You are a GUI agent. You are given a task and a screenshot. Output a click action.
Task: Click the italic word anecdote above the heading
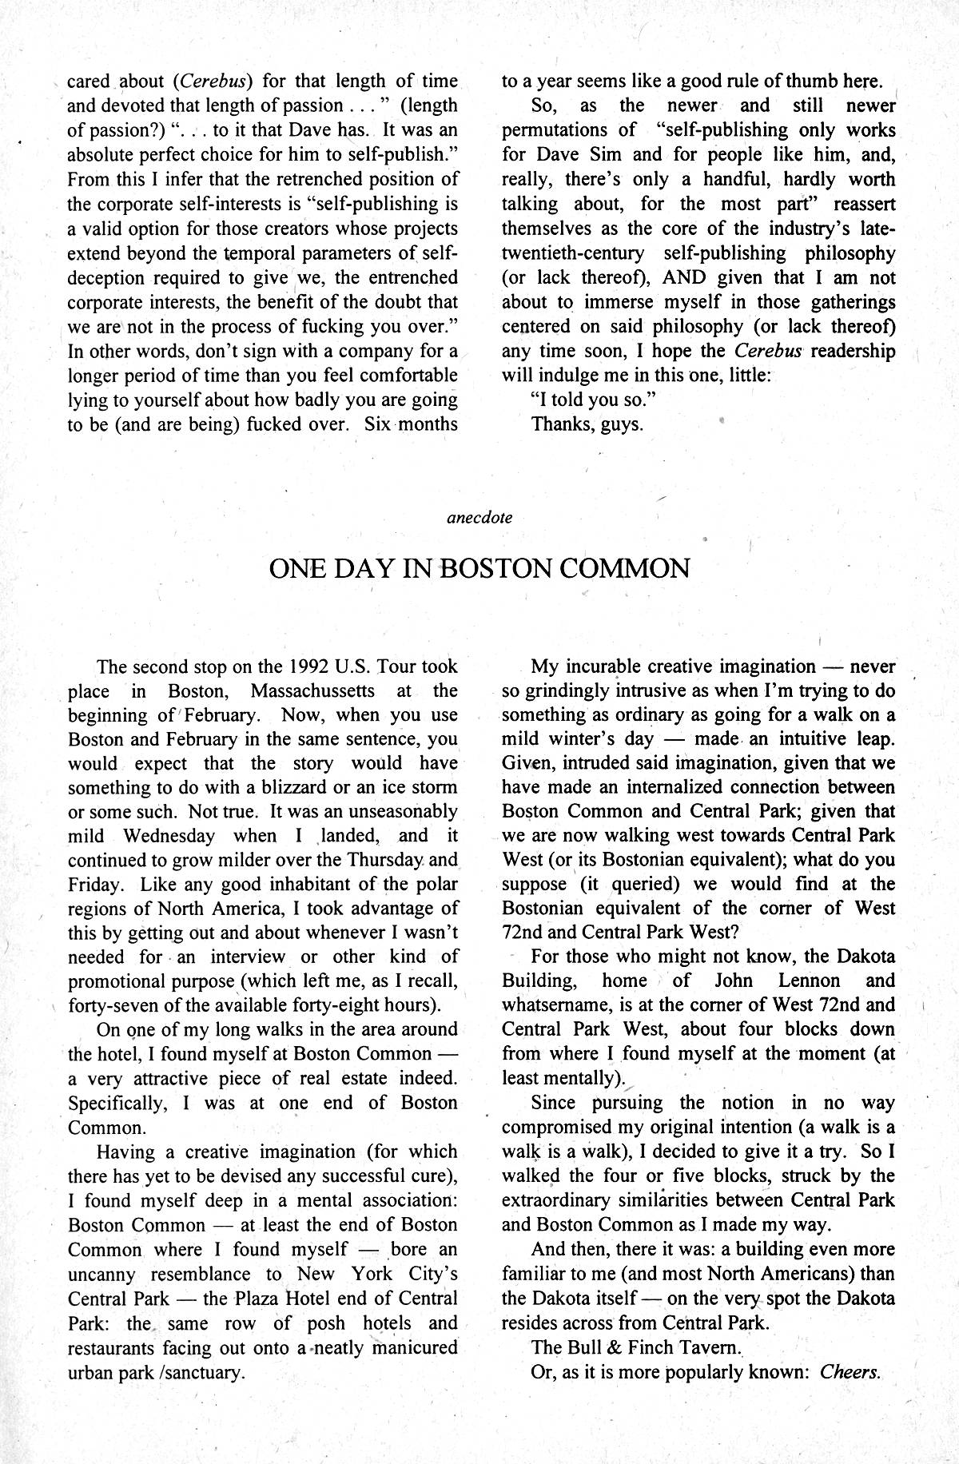479,517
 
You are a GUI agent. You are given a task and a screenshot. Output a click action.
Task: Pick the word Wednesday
169,836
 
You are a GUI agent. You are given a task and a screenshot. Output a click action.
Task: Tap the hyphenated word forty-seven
116,1005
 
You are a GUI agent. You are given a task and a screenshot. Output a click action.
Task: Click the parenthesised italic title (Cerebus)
212,81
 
